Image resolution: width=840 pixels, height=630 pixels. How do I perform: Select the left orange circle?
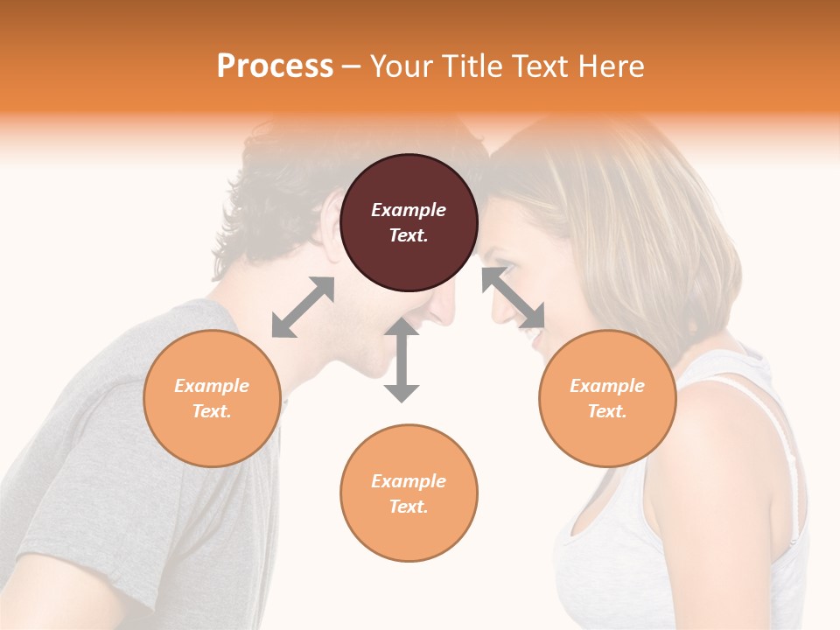(x=212, y=398)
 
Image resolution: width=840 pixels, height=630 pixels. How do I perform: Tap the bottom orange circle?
(x=409, y=493)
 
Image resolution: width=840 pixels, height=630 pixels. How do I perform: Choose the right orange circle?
(x=607, y=398)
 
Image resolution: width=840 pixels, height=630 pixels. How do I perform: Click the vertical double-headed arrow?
(x=402, y=360)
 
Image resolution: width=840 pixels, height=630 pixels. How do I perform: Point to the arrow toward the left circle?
(x=303, y=307)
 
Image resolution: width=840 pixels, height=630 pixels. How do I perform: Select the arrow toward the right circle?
(x=513, y=297)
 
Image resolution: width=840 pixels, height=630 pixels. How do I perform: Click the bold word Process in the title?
(x=275, y=66)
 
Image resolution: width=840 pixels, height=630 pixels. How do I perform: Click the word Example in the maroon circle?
(x=409, y=210)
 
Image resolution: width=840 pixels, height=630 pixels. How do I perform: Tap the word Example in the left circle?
(x=212, y=386)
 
